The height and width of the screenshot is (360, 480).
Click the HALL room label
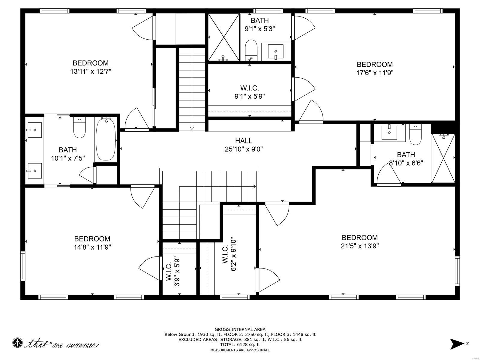tap(244, 141)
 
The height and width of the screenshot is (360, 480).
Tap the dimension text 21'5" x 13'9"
tap(360, 246)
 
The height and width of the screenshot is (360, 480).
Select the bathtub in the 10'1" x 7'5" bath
tap(106, 139)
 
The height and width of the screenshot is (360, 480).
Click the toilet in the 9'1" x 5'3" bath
tap(251, 50)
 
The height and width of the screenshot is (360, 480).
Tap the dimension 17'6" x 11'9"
tap(374, 73)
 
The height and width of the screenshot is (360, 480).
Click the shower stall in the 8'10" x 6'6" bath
tap(443, 158)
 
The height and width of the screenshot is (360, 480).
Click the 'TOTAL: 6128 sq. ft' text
tap(240, 345)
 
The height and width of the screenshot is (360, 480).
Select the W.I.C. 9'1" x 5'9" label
tap(250, 92)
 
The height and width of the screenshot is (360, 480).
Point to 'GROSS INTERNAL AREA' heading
tap(240, 329)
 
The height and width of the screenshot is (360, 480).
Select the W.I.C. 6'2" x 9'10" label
tap(229, 255)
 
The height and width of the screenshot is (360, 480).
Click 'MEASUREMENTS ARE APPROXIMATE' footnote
tap(240, 350)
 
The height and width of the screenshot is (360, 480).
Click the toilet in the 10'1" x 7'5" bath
tap(79, 127)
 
